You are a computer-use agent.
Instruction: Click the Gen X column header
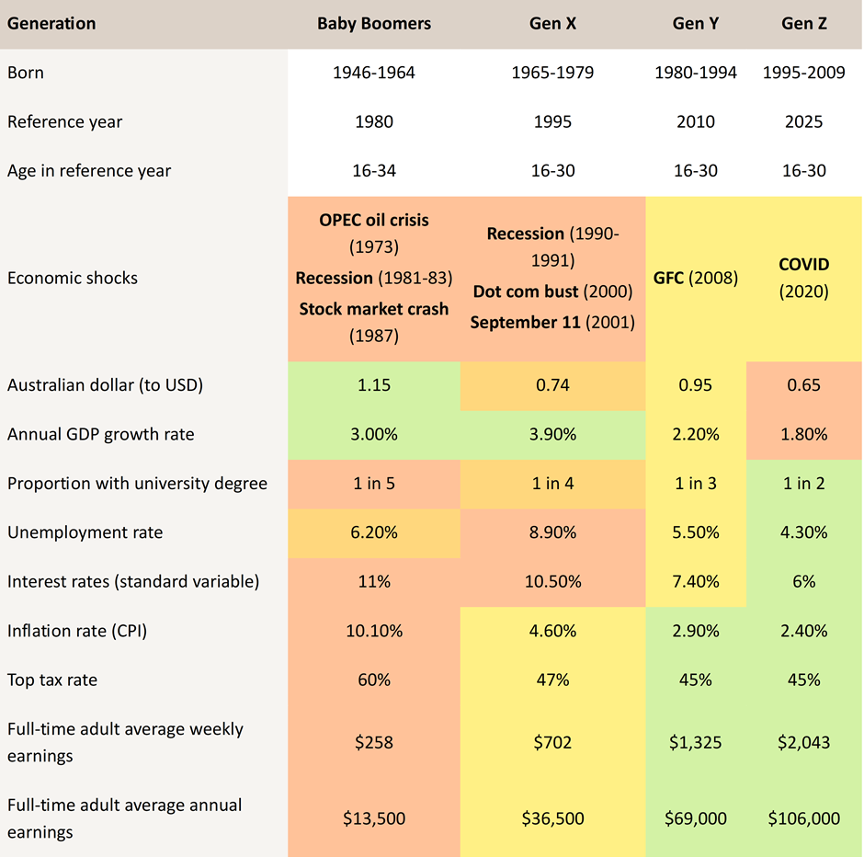[x=552, y=24]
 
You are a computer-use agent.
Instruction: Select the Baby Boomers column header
[x=374, y=24]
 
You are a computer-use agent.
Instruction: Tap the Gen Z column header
[x=804, y=24]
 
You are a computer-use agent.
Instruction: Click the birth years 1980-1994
[x=696, y=73]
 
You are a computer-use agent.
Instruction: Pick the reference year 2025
[x=804, y=121]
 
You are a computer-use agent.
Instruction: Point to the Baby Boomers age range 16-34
[x=374, y=170]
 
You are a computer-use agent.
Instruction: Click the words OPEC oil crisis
[x=374, y=221]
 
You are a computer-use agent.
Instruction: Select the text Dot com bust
[x=523, y=291]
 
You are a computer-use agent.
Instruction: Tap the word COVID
[x=804, y=265]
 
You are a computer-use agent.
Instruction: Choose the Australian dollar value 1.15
[x=374, y=385]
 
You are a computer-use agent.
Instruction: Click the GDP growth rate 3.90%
[x=552, y=434]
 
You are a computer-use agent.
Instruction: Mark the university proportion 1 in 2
[x=804, y=484]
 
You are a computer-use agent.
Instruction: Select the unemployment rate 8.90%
[x=552, y=532]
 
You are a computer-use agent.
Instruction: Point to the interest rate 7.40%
[x=696, y=581]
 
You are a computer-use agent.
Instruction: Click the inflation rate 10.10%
[x=374, y=631]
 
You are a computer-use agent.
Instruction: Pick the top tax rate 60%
[x=374, y=680]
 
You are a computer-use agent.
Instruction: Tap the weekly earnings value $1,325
[x=696, y=742]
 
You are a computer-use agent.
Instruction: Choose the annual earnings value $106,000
[x=804, y=818]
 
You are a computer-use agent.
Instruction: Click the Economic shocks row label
[x=73, y=278]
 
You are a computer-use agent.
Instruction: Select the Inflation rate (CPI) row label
[x=77, y=631]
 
